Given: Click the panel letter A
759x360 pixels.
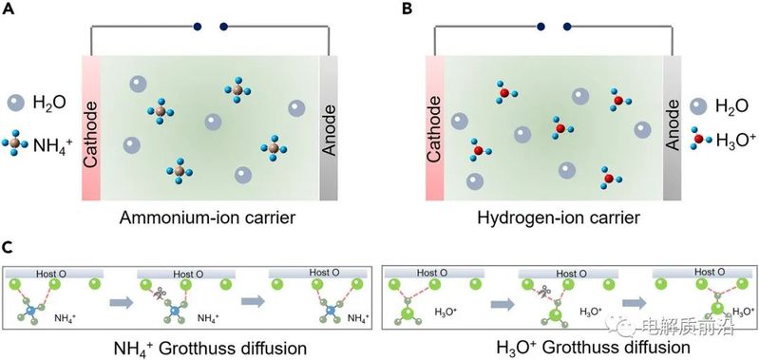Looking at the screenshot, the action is tap(9, 9).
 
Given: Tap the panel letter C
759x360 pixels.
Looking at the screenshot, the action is tap(9, 247).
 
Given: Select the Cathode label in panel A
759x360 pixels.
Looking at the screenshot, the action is tap(90, 128).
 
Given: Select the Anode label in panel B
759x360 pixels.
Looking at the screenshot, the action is tap(673, 129).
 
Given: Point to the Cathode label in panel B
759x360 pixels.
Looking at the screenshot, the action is tap(434, 129).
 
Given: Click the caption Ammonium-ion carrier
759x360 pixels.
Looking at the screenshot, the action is tap(207, 218).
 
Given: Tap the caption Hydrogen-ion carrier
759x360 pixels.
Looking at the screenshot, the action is tap(559, 218).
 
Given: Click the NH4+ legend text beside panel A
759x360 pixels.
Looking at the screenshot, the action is tap(53, 143).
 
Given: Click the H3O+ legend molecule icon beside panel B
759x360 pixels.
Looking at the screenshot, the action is tap(698, 139).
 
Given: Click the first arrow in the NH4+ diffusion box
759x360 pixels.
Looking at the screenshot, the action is tap(121, 302).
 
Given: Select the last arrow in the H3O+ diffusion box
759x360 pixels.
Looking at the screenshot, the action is tap(634, 303).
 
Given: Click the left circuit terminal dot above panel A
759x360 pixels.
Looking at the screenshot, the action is tap(197, 28).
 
